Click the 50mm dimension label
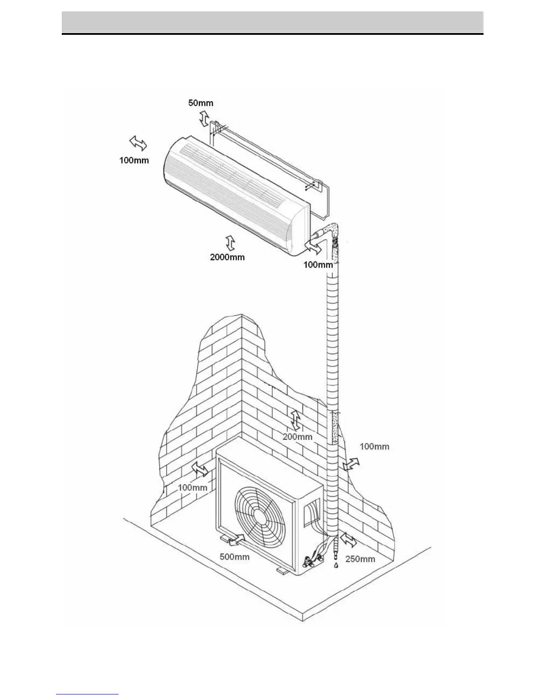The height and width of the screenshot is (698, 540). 201,103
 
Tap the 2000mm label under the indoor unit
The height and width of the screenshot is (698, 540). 227,257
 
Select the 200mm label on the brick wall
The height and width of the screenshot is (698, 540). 297,437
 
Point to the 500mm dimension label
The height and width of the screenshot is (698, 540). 235,557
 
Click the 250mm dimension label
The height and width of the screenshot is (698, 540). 360,559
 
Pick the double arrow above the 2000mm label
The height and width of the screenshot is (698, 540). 230,243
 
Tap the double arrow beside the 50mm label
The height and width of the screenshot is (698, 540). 204,118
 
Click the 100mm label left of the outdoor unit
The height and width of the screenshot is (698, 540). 192,487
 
